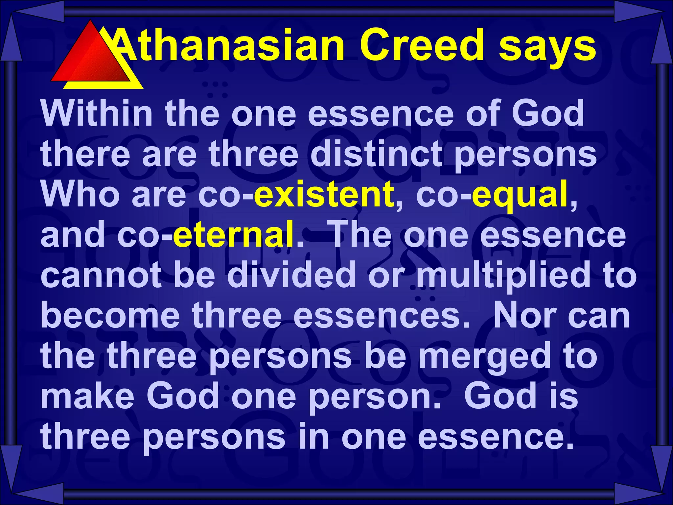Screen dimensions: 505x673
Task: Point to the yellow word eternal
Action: (233, 234)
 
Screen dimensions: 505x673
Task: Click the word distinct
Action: (376, 154)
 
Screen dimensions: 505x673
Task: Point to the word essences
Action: (382, 316)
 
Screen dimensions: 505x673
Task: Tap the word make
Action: (87, 396)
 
